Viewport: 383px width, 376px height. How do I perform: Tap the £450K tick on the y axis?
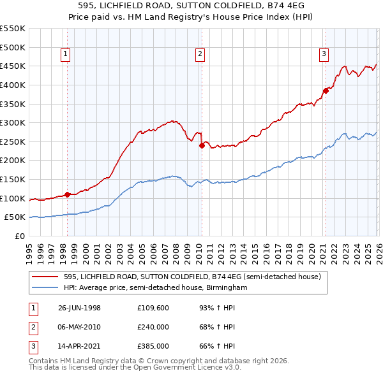[13, 66]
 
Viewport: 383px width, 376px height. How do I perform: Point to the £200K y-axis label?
[13, 160]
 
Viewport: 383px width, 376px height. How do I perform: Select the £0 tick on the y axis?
[19, 236]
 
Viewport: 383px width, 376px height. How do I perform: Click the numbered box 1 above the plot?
[66, 55]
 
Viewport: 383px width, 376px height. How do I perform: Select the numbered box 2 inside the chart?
[200, 55]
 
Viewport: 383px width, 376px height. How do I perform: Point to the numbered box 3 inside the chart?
[324, 55]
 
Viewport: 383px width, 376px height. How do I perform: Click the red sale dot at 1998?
[68, 194]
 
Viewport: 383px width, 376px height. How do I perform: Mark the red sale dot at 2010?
[202, 145]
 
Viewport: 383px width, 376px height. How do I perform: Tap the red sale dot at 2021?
[325, 90]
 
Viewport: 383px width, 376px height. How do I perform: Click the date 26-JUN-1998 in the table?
[79, 308]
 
